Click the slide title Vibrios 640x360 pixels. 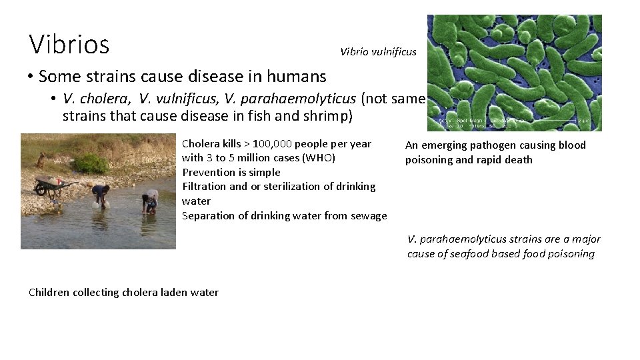(69, 44)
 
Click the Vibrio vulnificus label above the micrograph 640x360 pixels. (378, 51)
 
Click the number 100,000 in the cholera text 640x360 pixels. (272, 144)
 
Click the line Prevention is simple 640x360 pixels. (231, 172)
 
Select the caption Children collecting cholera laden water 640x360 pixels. (123, 292)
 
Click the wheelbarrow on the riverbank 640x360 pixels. (53, 183)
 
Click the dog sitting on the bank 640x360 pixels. (42, 160)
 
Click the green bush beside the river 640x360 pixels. (90, 163)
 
